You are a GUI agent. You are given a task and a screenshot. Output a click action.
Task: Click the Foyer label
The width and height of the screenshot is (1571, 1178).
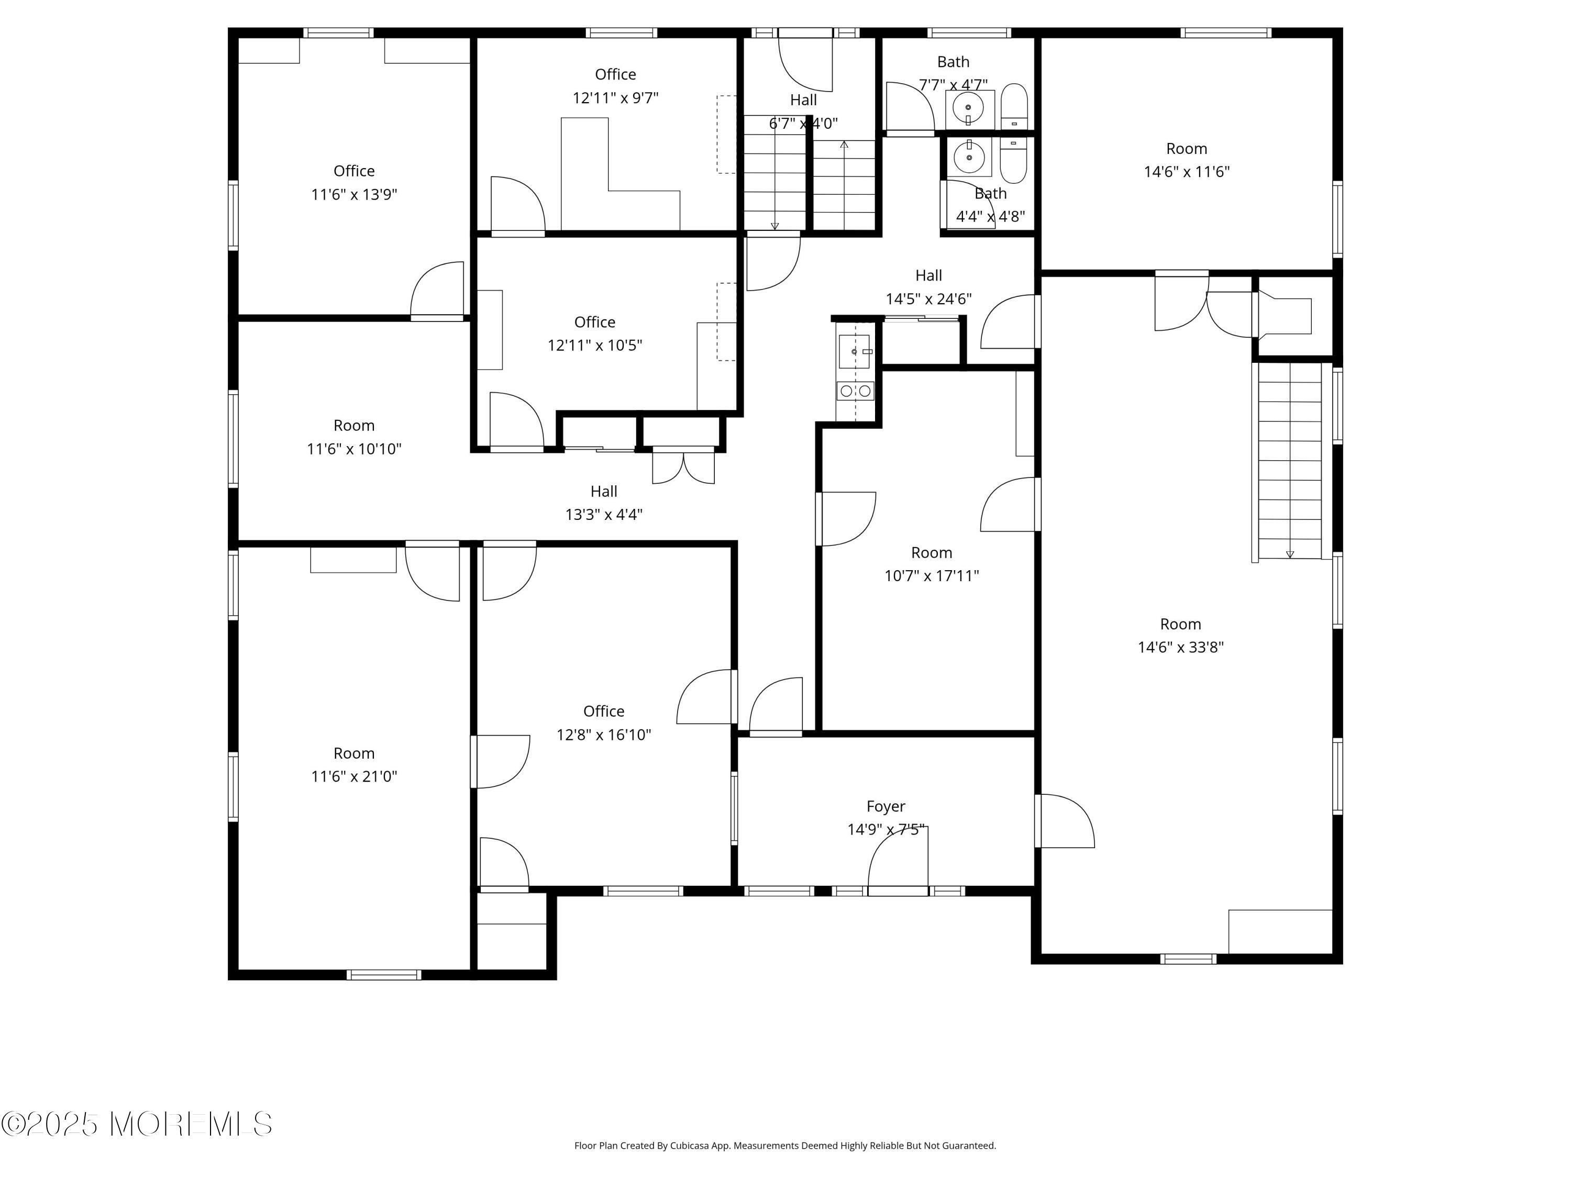(x=885, y=806)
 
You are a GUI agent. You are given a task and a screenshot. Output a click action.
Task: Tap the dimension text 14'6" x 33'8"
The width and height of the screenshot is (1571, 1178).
(x=1180, y=647)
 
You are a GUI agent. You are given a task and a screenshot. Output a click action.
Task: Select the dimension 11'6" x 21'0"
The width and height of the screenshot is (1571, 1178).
(x=353, y=776)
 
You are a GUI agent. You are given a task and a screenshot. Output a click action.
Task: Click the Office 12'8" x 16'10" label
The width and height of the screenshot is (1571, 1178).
(x=604, y=711)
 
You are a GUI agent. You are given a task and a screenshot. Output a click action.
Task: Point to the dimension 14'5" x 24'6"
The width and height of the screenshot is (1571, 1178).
(x=928, y=299)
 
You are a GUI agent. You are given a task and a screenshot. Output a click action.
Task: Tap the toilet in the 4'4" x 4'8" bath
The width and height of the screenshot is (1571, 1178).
(x=1013, y=162)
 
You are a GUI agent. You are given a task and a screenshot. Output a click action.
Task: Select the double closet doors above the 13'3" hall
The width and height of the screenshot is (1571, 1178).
(x=683, y=466)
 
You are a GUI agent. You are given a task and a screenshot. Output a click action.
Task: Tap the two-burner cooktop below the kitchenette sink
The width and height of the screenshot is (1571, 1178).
(x=855, y=391)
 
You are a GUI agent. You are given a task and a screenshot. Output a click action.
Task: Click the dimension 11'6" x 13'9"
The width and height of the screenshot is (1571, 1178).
(x=353, y=194)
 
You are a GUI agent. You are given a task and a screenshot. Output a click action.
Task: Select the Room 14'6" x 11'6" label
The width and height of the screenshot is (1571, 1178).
(x=1186, y=148)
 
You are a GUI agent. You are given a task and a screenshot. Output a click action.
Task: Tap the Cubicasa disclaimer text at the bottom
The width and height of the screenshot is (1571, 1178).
(x=785, y=1146)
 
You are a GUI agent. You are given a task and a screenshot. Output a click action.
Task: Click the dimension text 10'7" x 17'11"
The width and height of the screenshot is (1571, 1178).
(x=931, y=576)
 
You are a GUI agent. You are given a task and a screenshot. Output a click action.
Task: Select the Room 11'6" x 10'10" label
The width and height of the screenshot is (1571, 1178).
(x=353, y=425)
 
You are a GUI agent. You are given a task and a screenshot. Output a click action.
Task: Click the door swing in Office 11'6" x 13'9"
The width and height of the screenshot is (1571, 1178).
(x=437, y=290)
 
